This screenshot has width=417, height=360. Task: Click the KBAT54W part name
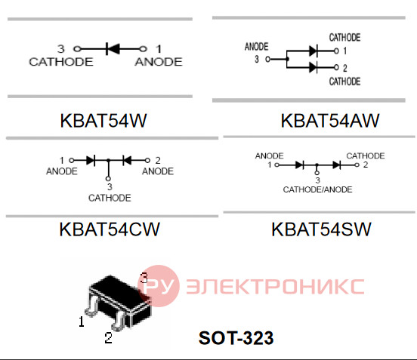pyautogui.click(x=103, y=121)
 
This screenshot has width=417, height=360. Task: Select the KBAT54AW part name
pyautogui.click(x=330, y=121)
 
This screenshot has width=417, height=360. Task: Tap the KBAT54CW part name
pyautogui.click(x=110, y=229)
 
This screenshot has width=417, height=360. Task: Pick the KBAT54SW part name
pyautogui.click(x=321, y=229)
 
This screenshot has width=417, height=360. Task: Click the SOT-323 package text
pyautogui.click(x=236, y=338)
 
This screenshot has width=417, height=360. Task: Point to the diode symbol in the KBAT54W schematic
pyautogui.click(x=113, y=49)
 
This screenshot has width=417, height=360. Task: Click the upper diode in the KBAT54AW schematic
pyautogui.click(x=314, y=51)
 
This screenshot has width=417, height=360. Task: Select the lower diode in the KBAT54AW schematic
pyautogui.click(x=314, y=67)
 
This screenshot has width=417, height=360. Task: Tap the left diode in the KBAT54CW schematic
pyautogui.click(x=91, y=161)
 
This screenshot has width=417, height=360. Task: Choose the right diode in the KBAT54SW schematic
pyautogui.click(x=337, y=165)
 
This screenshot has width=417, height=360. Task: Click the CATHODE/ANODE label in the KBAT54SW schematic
pyautogui.click(x=317, y=189)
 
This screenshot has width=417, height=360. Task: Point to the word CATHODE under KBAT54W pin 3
pyautogui.click(x=61, y=62)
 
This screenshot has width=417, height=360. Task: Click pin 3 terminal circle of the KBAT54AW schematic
pyautogui.click(x=268, y=59)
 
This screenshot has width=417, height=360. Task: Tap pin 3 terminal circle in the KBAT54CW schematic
pyautogui.click(x=108, y=179)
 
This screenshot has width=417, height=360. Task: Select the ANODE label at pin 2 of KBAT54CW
pyautogui.click(x=158, y=171)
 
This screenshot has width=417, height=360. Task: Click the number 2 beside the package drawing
pyautogui.click(x=108, y=338)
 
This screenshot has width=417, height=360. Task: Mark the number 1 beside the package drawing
pyautogui.click(x=82, y=322)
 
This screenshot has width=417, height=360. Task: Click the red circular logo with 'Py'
pyautogui.click(x=159, y=286)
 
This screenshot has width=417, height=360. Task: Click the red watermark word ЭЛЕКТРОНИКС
pyautogui.click(x=275, y=286)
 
